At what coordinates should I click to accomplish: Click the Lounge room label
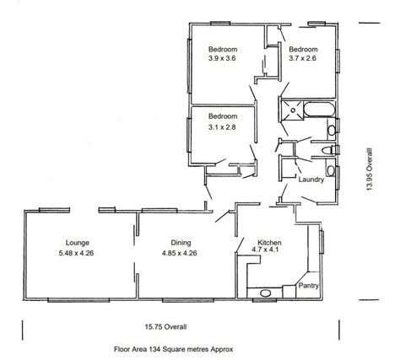click(x=78, y=243)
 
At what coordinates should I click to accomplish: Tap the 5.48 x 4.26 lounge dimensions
click(x=76, y=253)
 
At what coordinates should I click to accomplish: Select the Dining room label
click(x=181, y=243)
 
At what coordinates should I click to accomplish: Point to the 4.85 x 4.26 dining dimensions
click(x=179, y=253)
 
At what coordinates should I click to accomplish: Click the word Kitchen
click(x=269, y=243)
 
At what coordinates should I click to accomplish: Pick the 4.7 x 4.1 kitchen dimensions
click(x=265, y=250)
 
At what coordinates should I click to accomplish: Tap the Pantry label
click(x=309, y=286)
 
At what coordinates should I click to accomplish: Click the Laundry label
click(x=311, y=180)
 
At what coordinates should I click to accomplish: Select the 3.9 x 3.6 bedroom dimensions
click(x=222, y=58)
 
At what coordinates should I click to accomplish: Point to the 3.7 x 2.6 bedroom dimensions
click(x=303, y=58)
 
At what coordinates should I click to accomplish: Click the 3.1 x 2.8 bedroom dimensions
click(x=222, y=127)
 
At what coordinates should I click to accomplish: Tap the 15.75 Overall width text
click(x=165, y=327)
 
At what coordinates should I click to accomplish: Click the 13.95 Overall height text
click(x=370, y=169)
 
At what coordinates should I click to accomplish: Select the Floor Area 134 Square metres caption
click(x=174, y=349)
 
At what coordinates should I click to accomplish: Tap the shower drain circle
click(x=293, y=110)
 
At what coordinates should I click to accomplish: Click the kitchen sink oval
click(x=265, y=293)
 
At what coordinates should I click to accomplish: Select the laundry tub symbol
click(x=332, y=170)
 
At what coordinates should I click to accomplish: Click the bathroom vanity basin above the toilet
click(x=332, y=130)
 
